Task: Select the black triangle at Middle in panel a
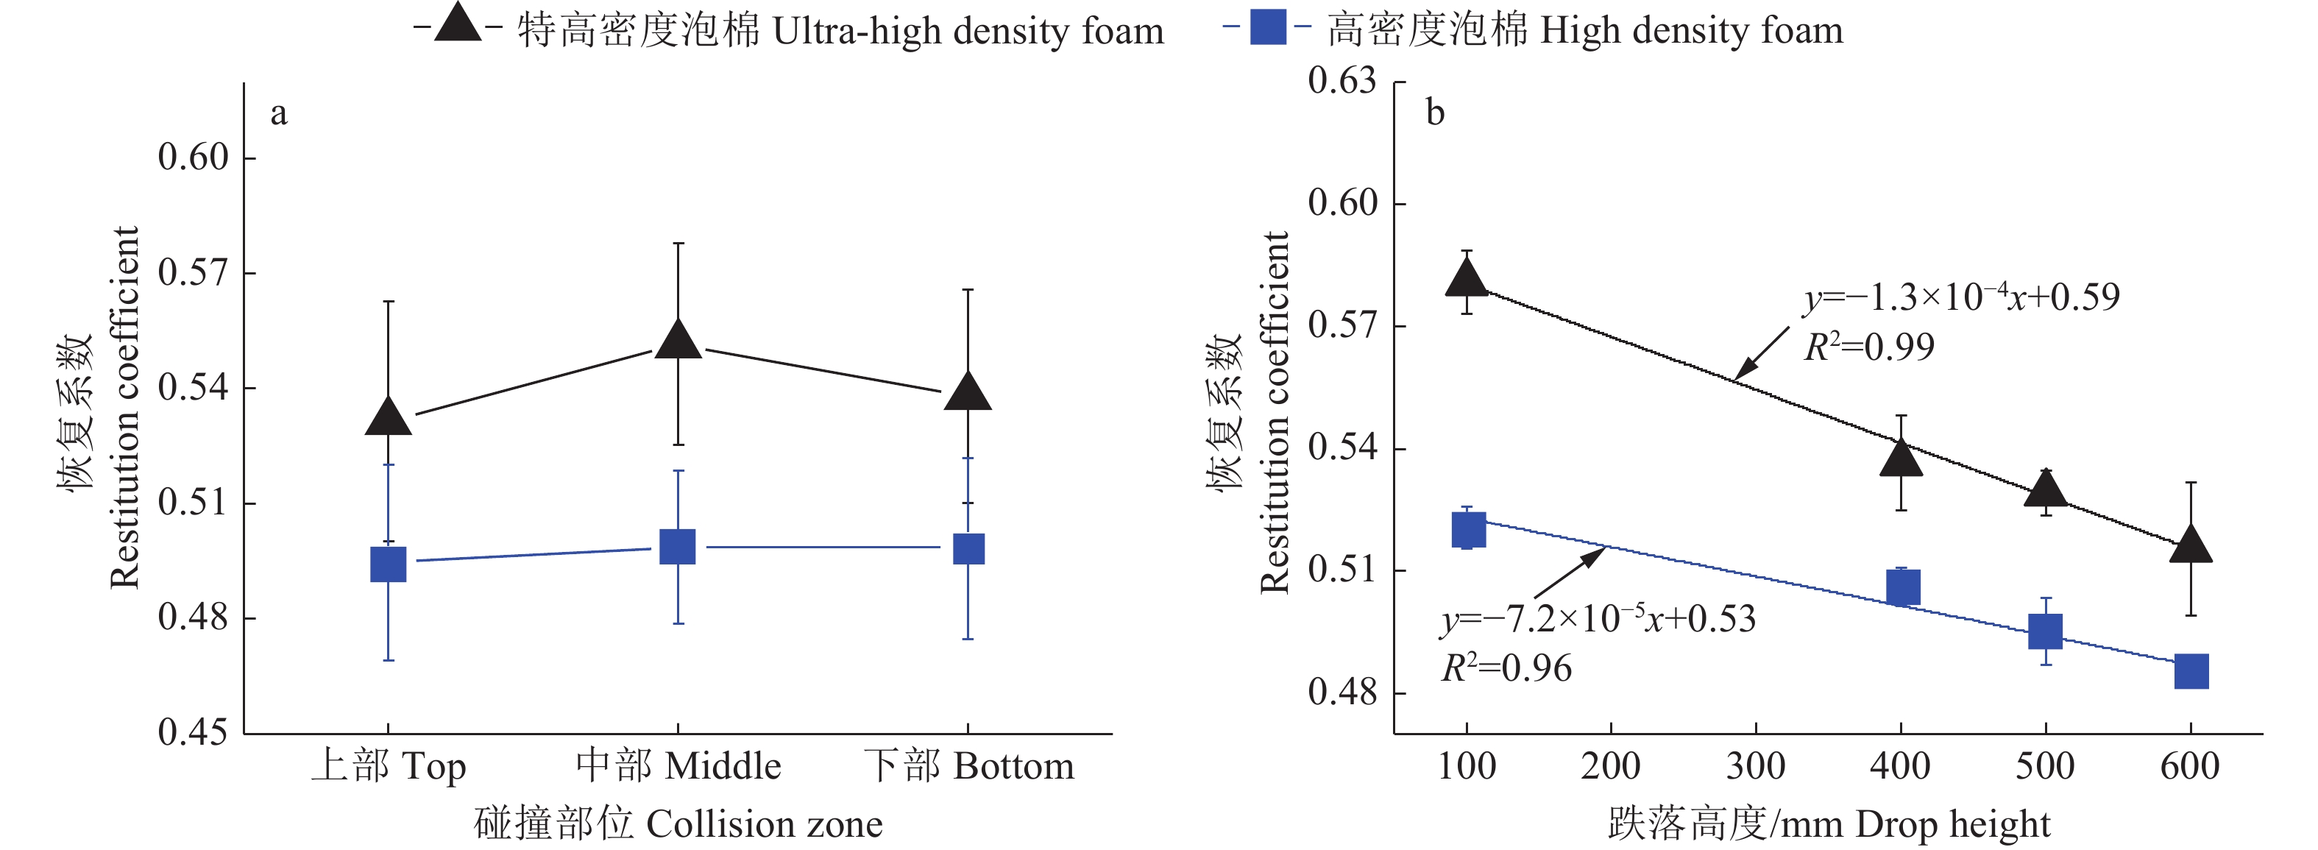point(678,341)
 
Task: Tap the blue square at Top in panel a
point(389,564)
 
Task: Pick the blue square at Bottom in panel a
point(968,549)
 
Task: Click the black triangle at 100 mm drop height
point(1467,279)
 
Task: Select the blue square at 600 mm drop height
point(2191,671)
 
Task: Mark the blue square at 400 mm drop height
point(1902,587)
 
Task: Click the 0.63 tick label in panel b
point(1341,81)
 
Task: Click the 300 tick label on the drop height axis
point(1756,766)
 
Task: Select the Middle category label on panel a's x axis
point(678,766)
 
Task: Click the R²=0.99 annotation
point(1869,347)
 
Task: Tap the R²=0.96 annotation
point(1506,668)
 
